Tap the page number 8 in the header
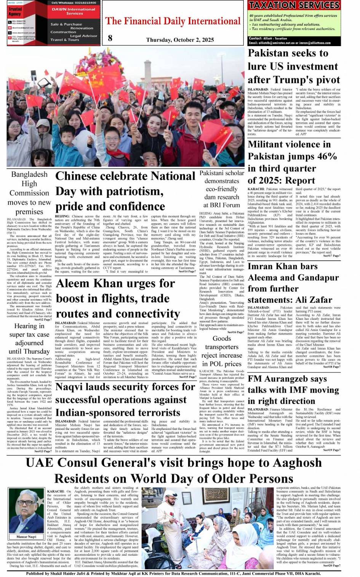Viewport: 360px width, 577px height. point(110,38)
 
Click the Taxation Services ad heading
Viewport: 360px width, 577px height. point(294,5)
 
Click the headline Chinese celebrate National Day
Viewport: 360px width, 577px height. point(125,191)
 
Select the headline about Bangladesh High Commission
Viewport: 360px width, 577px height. point(29,193)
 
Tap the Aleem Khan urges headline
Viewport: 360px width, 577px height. point(118,298)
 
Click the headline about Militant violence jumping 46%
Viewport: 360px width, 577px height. point(292,162)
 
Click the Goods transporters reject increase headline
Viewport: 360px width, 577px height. point(222,351)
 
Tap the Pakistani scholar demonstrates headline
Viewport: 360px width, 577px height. point(222,189)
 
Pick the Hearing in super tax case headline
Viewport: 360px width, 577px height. point(29,338)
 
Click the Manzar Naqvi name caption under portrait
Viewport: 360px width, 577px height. point(26,537)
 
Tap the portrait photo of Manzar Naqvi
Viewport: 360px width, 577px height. point(26,511)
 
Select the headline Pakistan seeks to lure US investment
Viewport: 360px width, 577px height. point(294,66)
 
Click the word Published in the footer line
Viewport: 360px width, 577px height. point(36,573)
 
